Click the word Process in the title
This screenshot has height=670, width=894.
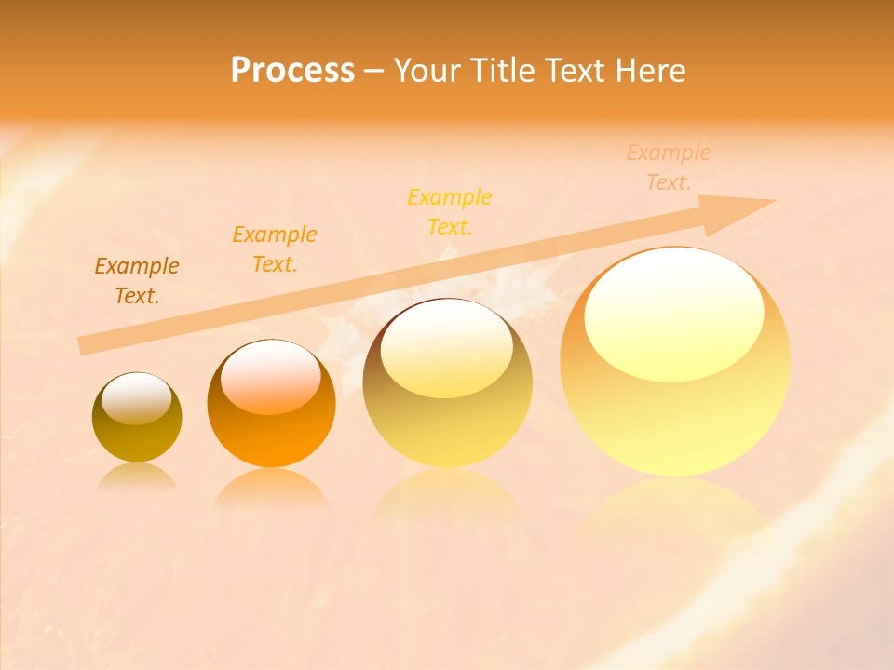click(x=292, y=71)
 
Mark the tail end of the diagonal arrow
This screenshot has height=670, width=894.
click(x=82, y=346)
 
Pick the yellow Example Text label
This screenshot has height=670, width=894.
click(x=450, y=212)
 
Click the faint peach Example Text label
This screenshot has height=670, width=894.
click(x=669, y=167)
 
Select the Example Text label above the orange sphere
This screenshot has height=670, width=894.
click(x=275, y=249)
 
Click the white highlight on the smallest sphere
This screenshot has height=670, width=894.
click(x=137, y=398)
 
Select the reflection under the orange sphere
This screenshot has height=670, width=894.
click(x=271, y=489)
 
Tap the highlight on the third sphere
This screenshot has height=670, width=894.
click(x=447, y=349)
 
